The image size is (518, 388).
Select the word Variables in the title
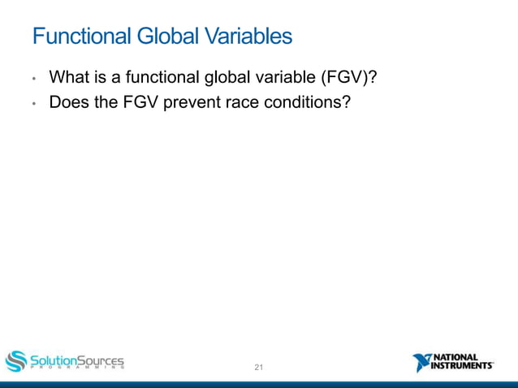(248, 37)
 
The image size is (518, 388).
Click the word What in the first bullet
(67, 78)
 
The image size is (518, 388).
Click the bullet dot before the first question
(34, 80)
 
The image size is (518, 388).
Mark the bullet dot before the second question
(34, 105)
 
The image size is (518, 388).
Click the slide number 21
(259, 368)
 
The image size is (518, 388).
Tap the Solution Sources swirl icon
(16, 361)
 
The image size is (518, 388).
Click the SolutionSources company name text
(77, 359)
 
